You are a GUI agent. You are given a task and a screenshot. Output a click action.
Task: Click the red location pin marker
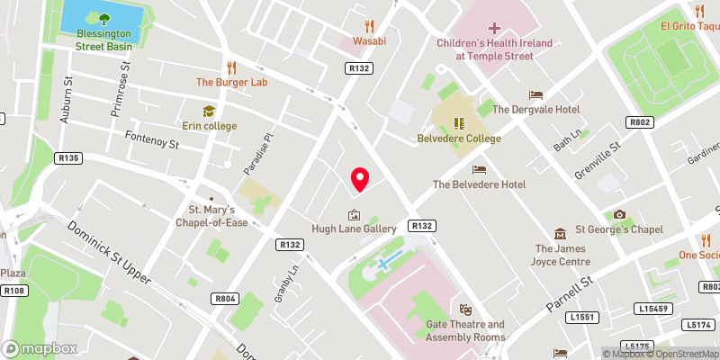point(359,178)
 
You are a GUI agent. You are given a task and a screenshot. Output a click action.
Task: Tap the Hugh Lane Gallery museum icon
point(354,215)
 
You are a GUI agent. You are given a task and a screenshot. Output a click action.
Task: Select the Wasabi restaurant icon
point(368,26)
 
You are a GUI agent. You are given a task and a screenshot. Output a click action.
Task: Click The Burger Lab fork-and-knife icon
point(232,67)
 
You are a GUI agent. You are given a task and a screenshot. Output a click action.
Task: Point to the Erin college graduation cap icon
point(209,111)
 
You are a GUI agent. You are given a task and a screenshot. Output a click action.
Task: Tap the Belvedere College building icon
point(458,123)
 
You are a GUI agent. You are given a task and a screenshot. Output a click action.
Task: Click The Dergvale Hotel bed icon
point(536,94)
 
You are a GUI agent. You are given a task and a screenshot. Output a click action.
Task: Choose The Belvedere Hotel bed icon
point(479,169)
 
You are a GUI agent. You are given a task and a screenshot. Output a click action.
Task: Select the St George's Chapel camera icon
point(619,214)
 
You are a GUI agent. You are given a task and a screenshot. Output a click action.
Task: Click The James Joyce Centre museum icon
point(561,233)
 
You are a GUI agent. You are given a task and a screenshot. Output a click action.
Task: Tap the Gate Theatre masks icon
point(465,310)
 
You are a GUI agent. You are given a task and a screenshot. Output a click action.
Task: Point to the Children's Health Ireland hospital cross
point(494,29)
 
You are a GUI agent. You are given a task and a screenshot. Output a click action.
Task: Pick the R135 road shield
point(68,157)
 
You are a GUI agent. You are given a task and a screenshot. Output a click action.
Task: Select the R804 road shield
point(224,298)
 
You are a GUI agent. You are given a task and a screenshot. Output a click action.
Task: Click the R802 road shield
point(640,122)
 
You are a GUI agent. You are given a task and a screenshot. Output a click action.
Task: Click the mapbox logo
point(40,348)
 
